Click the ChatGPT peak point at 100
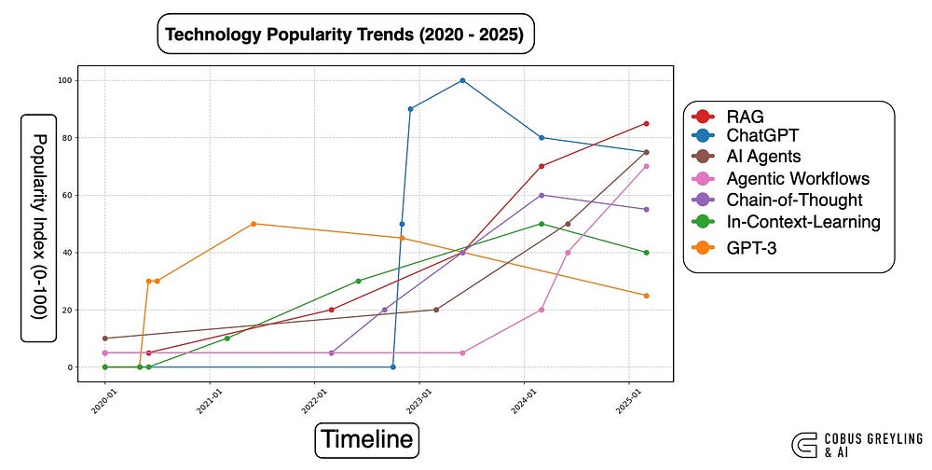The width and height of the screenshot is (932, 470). (x=462, y=80)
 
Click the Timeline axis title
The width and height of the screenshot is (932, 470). (x=366, y=439)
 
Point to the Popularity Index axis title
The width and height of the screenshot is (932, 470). (x=38, y=227)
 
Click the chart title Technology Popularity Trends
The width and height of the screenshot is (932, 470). (x=345, y=34)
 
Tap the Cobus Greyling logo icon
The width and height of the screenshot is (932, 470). (x=804, y=445)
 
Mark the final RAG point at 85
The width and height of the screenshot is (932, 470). (x=646, y=124)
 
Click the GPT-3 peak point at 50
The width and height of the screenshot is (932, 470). (x=254, y=224)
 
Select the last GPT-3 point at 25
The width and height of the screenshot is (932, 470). (x=646, y=296)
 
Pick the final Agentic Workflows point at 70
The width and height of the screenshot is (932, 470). (x=646, y=167)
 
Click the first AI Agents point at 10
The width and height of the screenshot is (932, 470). (x=105, y=339)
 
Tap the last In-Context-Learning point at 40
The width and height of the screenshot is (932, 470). (x=646, y=253)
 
